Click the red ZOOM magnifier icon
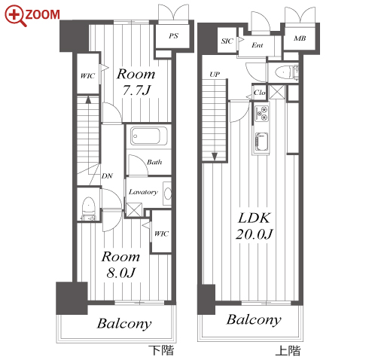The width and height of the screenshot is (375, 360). tap(15, 16)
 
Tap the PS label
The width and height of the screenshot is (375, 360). tap(173, 36)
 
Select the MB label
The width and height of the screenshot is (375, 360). tap(300, 38)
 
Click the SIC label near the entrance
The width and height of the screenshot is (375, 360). tap(227, 41)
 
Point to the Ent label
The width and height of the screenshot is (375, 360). tap(258, 45)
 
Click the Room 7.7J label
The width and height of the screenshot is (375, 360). tap(136, 82)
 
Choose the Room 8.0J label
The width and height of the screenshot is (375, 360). tap(120, 264)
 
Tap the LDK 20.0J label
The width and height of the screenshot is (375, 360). tap(254, 226)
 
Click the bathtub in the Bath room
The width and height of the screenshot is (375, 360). tap(148, 136)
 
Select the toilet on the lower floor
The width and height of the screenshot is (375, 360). tap(88, 208)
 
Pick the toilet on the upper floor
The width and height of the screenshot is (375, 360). tap(286, 72)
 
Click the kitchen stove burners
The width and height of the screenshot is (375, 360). tap(261, 114)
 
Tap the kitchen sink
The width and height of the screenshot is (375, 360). tap(261, 142)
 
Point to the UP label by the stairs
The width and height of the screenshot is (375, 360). tap(215, 75)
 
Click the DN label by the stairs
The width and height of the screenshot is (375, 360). tap(107, 176)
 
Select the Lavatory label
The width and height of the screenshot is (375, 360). tap(143, 192)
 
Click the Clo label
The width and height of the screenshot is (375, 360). tap(259, 93)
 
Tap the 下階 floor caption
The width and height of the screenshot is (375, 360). tap(161, 350)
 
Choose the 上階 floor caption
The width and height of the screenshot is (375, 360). tap(288, 350)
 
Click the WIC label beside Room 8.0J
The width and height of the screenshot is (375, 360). tap(161, 233)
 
